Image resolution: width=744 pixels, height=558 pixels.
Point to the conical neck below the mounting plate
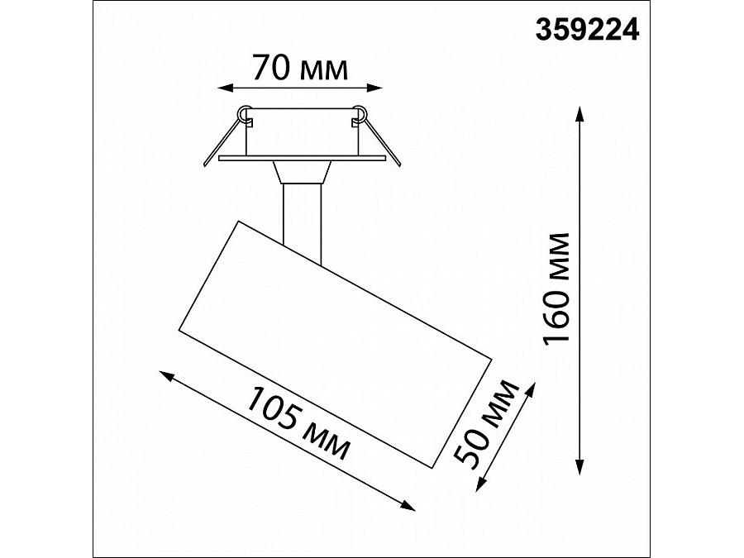(301, 171)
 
